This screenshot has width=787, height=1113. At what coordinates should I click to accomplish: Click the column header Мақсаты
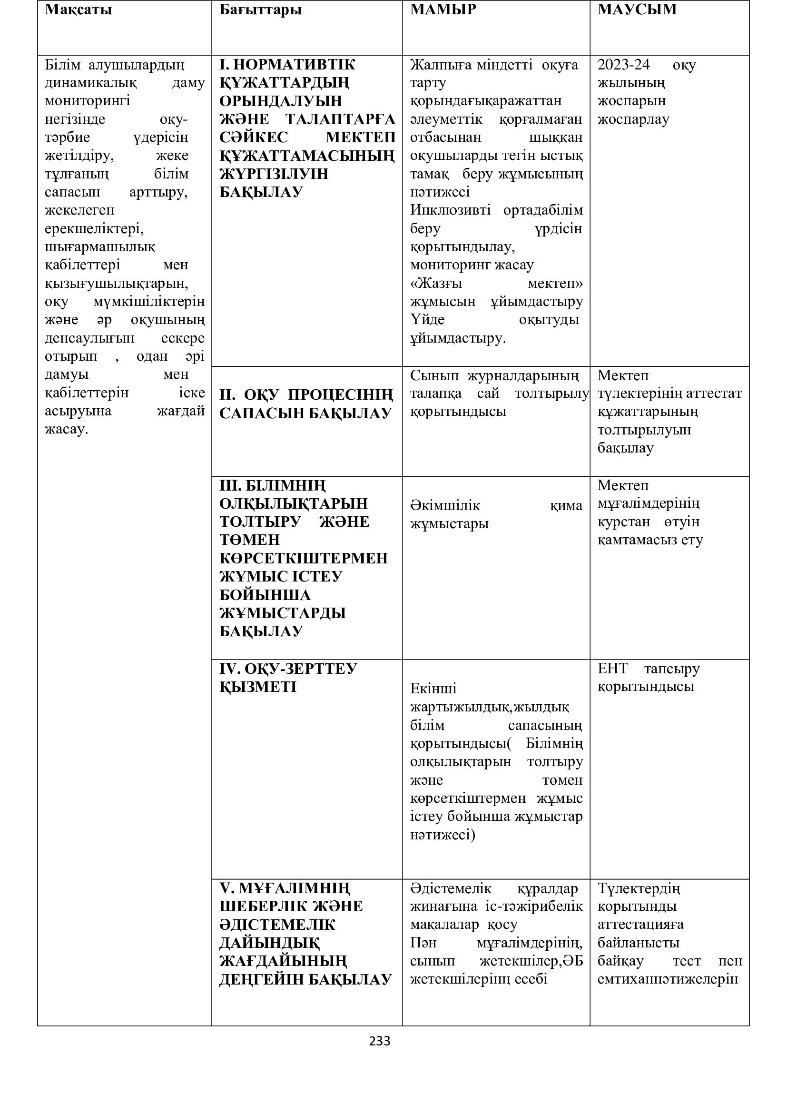78,10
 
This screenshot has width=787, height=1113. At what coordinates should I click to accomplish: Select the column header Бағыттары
260,10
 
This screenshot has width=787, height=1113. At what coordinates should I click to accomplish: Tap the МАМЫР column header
443,10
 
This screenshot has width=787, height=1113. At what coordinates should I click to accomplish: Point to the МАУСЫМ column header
637,10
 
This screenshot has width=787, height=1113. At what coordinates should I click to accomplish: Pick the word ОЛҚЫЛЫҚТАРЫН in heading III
293,503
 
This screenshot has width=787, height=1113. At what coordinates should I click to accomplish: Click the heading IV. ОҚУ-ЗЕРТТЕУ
288,669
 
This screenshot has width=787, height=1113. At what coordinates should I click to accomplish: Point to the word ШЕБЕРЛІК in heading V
262,906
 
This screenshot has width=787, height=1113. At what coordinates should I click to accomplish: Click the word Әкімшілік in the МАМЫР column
445,505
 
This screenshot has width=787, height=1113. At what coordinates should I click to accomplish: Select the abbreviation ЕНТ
612,669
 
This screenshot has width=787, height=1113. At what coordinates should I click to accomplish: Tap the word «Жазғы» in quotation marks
436,283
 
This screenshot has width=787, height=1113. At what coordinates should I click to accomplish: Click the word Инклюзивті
450,210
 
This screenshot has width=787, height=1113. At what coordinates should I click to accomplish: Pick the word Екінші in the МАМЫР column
433,689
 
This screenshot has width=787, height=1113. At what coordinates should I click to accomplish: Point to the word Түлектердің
639,888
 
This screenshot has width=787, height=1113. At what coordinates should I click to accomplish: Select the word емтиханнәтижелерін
667,979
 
